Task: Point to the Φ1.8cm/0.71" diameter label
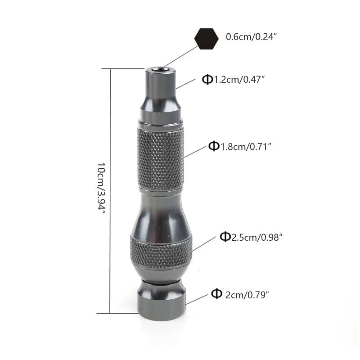pyautogui.click(x=241, y=146)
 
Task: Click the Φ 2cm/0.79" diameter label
pyautogui.click(x=240, y=294)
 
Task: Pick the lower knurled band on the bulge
pyautogui.click(x=161, y=250)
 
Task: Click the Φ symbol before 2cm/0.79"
pyautogui.click(x=216, y=294)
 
